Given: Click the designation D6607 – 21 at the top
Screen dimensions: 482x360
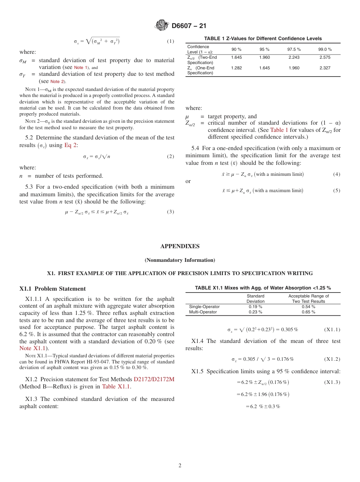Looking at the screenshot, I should click(189, 26).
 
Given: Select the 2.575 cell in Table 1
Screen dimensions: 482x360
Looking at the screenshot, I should click(325, 57).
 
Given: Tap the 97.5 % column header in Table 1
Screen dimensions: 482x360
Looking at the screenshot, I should click(294, 49).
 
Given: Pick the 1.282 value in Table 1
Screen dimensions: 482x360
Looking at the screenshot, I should click(236, 68).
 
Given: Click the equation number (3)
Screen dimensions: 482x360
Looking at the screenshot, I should click(171, 212).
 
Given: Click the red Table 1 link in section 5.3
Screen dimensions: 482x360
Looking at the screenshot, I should click(279, 130).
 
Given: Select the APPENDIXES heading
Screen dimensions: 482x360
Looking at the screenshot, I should click(180, 246).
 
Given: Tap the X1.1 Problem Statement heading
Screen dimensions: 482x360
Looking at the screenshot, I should click(52, 289).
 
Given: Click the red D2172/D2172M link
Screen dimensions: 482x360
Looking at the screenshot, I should click(154, 379).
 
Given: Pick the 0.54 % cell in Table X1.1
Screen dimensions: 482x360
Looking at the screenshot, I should click(308, 307).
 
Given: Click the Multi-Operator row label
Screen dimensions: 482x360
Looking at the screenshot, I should click(203, 312).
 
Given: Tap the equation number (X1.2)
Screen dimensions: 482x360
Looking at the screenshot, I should click(332, 359).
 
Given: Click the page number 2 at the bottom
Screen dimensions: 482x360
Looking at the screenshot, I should click(180, 466).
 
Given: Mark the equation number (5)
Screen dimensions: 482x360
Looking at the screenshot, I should click(337, 191).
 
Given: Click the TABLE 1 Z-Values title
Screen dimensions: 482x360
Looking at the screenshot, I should click(263, 39).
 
